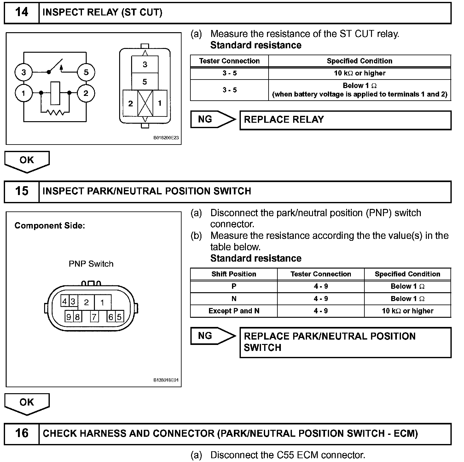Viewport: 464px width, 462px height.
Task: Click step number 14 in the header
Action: click(x=21, y=12)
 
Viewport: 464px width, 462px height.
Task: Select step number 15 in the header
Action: click(x=21, y=191)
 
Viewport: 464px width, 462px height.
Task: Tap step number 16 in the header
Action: click(x=21, y=433)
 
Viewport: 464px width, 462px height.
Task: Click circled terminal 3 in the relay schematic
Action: click(x=24, y=72)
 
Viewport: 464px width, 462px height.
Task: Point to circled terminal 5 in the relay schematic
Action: click(x=86, y=72)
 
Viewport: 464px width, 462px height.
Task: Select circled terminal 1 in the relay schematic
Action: click(x=24, y=93)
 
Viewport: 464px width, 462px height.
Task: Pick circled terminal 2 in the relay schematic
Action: click(x=86, y=93)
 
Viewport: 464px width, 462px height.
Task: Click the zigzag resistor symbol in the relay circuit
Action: click(x=55, y=112)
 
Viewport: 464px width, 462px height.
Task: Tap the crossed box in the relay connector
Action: click(x=145, y=103)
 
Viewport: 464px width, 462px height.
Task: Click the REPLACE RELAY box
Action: click(x=345, y=120)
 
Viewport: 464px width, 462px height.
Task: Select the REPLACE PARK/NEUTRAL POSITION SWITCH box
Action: click(x=345, y=342)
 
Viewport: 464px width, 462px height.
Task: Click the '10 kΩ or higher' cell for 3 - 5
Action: click(x=359, y=73)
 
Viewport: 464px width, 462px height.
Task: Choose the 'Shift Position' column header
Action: click(x=234, y=274)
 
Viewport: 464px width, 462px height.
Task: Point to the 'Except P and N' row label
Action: click(x=234, y=311)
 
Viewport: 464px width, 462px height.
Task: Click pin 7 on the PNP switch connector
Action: click(x=94, y=316)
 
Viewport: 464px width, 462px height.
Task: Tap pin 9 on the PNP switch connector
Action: click(x=69, y=316)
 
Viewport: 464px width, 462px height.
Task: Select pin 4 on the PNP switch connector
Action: click(x=65, y=302)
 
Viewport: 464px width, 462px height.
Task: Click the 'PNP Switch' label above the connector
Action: click(x=91, y=264)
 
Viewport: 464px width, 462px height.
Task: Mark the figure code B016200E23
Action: click(x=166, y=138)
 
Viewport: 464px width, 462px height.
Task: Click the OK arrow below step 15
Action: click(x=27, y=403)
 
